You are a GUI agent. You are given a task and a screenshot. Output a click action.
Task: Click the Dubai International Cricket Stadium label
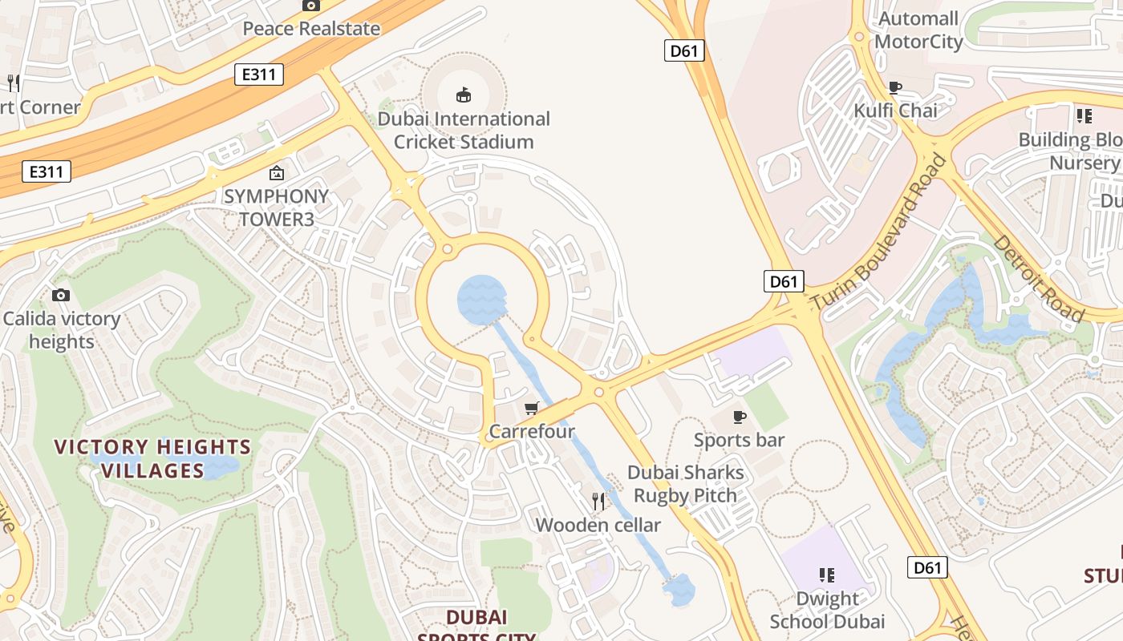[x=464, y=131]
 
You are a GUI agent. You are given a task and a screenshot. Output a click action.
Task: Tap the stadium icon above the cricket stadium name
[x=464, y=95]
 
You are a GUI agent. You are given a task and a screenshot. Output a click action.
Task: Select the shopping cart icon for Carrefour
[x=531, y=409]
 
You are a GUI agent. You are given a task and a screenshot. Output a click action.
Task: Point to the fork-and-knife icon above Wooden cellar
[x=598, y=502]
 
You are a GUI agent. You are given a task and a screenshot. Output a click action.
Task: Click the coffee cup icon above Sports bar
[x=740, y=417]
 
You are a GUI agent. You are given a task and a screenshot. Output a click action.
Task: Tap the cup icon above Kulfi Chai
[x=895, y=87]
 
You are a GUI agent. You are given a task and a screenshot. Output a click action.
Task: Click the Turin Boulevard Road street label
[x=879, y=232]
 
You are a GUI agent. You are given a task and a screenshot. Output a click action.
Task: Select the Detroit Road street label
[x=1038, y=279]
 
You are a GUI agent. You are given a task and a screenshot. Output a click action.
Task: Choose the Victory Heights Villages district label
[x=152, y=458]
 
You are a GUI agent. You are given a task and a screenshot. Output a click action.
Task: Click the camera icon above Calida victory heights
[x=61, y=296]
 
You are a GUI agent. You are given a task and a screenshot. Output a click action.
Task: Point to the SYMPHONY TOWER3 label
[x=276, y=207]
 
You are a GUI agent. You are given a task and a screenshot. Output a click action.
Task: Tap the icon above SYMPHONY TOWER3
[x=277, y=172]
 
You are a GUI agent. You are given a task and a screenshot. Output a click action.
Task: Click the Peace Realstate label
[x=311, y=29]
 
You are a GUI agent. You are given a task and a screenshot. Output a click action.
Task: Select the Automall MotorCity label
[x=918, y=30]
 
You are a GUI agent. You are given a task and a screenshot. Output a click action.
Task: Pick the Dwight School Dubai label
[x=827, y=610]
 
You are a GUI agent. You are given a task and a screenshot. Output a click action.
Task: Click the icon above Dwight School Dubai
[x=827, y=574]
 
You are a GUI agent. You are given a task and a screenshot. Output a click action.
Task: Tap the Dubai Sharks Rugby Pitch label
[x=685, y=484]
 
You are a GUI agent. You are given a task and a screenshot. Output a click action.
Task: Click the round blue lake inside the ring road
[x=481, y=300]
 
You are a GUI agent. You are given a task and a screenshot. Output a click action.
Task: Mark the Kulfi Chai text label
[x=895, y=111]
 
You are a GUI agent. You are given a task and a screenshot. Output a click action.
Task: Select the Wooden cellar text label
[x=598, y=526]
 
